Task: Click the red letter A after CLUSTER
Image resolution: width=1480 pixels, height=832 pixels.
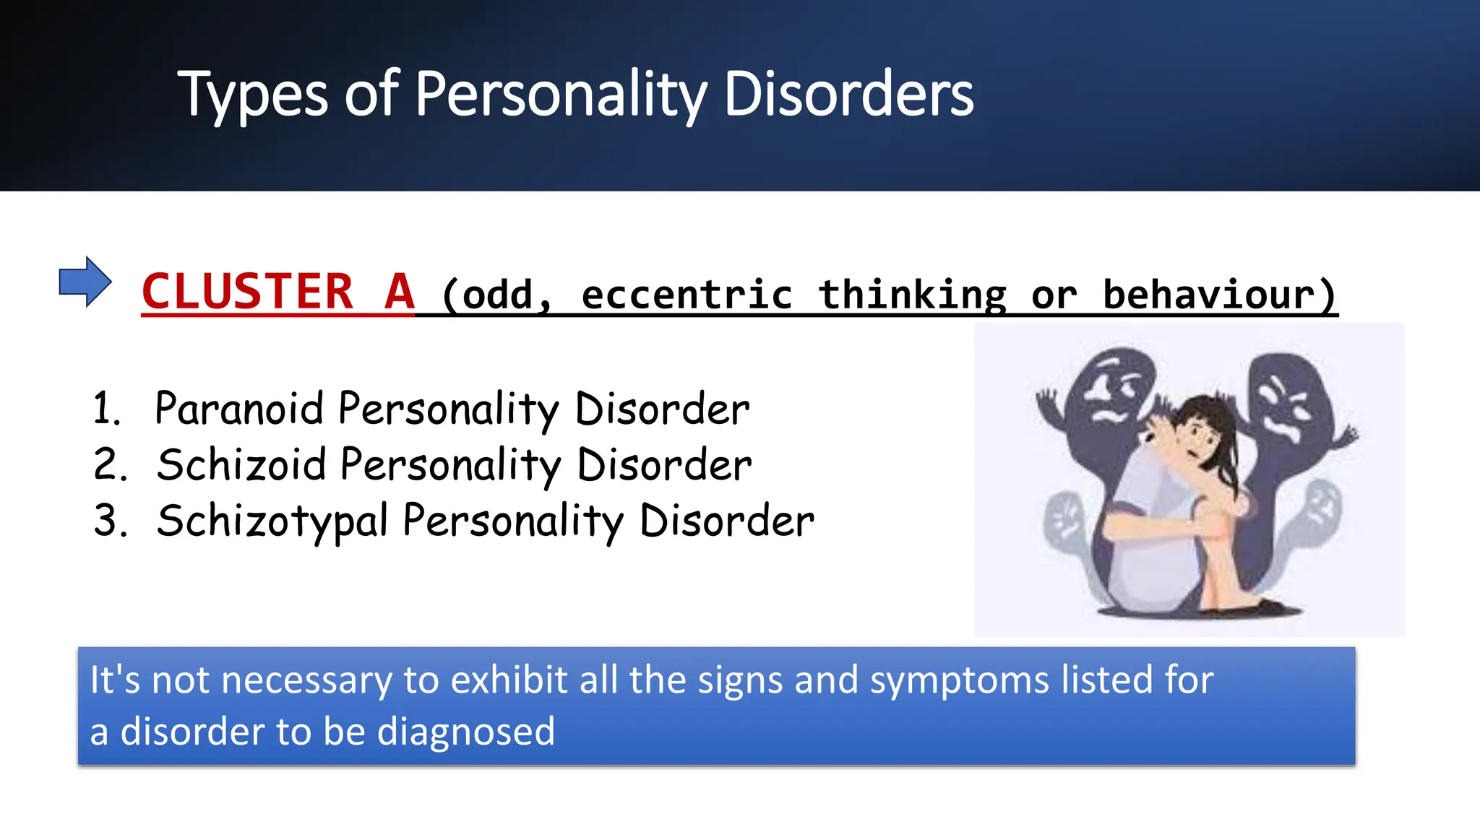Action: (399, 292)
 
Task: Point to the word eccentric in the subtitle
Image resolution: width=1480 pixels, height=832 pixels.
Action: (687, 295)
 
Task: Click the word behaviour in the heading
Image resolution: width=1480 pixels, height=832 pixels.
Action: (1208, 295)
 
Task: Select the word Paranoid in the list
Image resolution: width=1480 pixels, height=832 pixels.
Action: (238, 409)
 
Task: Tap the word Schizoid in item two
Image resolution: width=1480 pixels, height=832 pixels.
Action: (241, 464)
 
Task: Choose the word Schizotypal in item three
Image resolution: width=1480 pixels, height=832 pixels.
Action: (272, 521)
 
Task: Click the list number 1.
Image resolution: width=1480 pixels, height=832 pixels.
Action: (106, 409)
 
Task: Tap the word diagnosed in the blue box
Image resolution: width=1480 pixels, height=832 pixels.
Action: (466, 732)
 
